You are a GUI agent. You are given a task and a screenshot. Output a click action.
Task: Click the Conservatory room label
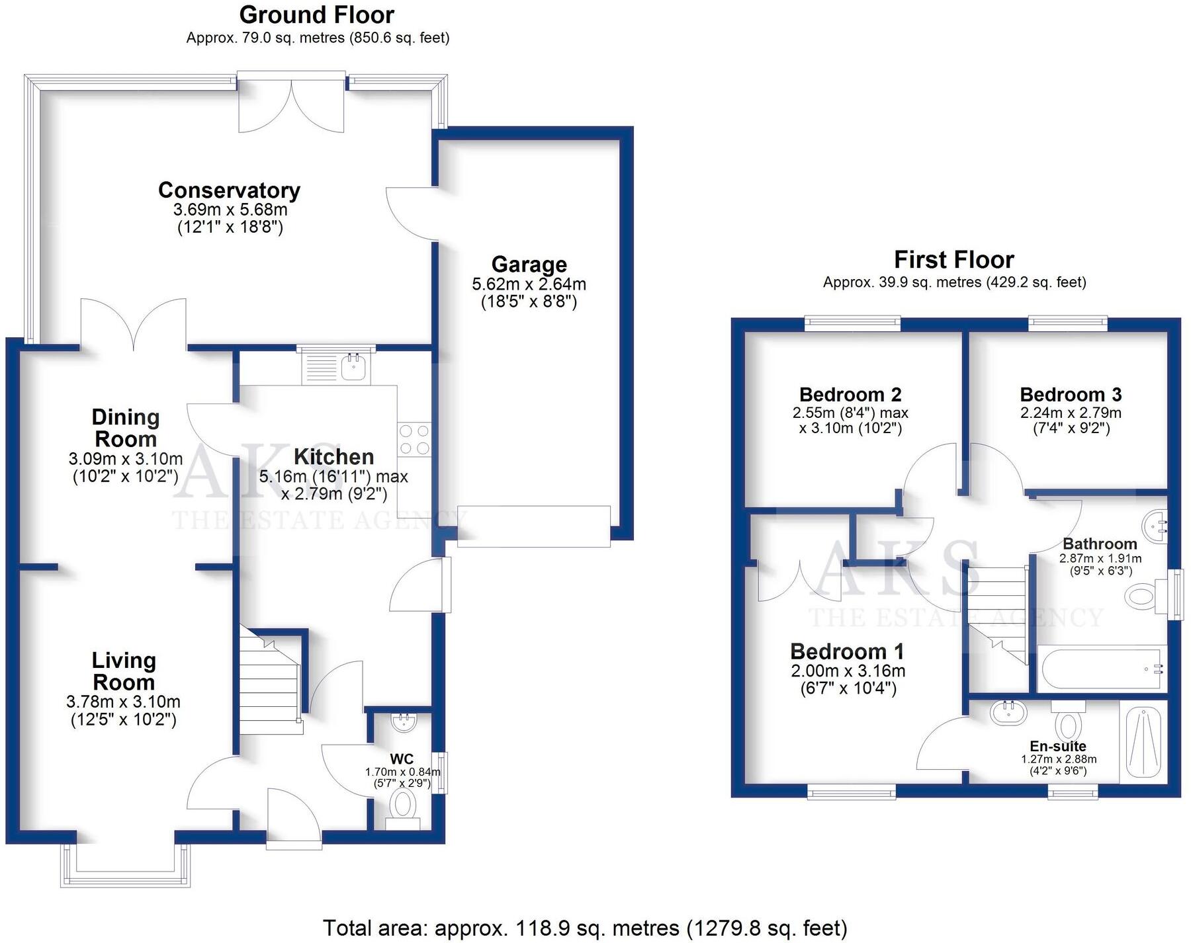click(229, 190)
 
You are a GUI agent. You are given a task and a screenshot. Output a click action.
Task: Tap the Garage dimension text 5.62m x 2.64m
click(529, 284)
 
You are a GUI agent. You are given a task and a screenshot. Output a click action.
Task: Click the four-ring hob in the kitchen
click(414, 440)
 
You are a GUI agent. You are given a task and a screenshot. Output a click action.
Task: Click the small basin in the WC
click(403, 721)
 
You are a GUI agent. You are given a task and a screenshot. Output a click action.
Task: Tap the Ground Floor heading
click(316, 15)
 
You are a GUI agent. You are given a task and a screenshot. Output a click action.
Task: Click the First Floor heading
click(953, 259)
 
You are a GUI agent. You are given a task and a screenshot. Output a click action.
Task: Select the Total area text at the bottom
click(585, 928)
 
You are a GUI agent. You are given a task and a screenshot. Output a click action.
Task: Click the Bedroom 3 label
click(1071, 395)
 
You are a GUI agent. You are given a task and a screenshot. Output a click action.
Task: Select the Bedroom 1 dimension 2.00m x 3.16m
click(848, 671)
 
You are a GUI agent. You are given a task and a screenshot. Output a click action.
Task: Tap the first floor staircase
click(996, 612)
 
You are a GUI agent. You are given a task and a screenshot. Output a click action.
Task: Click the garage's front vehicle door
click(533, 526)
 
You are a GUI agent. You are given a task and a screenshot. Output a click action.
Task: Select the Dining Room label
click(125, 428)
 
